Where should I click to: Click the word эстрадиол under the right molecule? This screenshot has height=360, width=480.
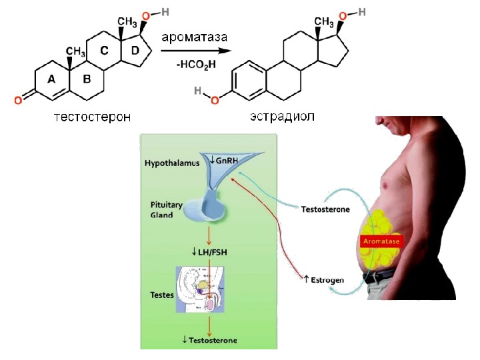point(281,117)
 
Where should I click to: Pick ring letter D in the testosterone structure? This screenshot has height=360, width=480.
point(135,51)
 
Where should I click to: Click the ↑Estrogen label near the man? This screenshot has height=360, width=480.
point(323,280)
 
